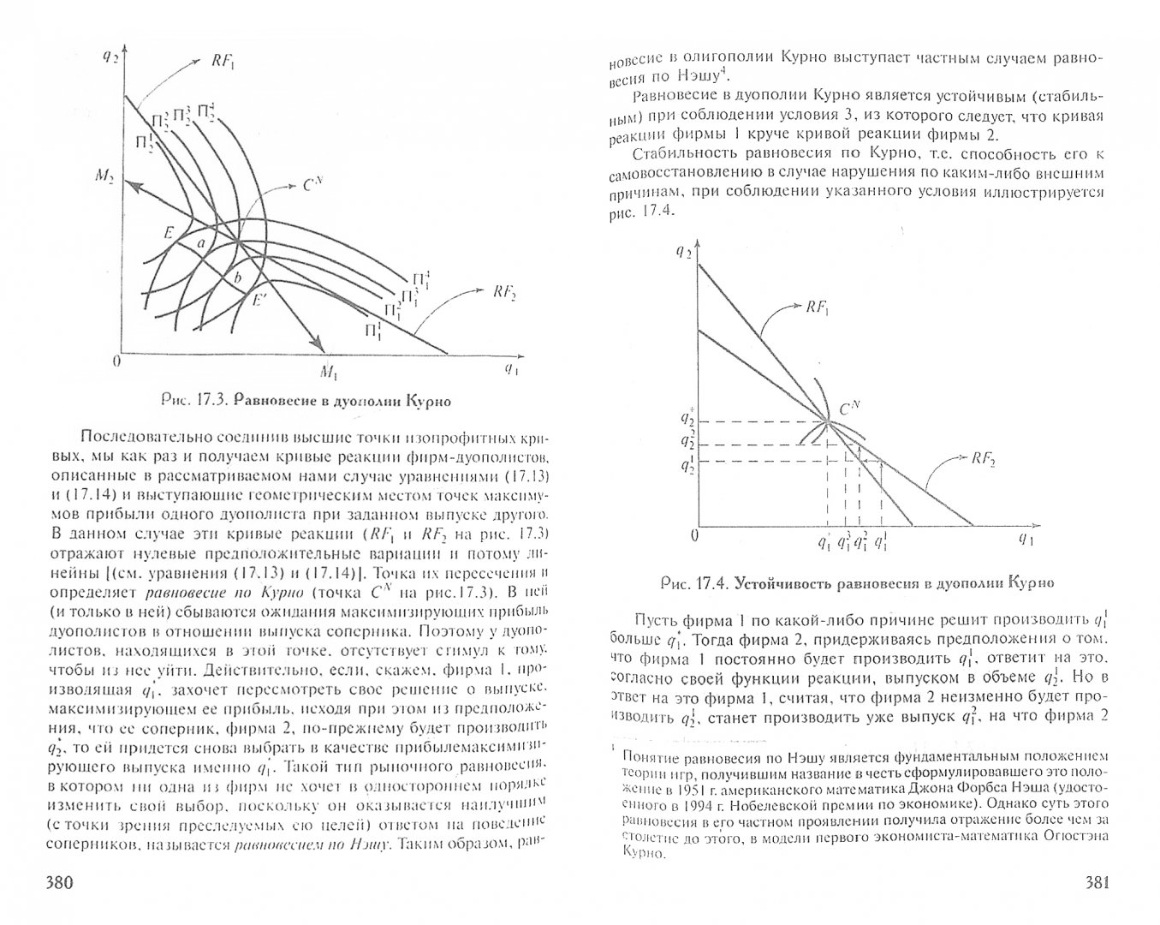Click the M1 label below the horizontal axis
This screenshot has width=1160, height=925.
330,371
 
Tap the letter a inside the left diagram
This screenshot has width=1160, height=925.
200,244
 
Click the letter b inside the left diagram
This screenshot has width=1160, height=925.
237,278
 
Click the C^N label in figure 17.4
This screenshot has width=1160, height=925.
848,409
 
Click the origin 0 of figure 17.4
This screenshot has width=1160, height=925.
694,535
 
